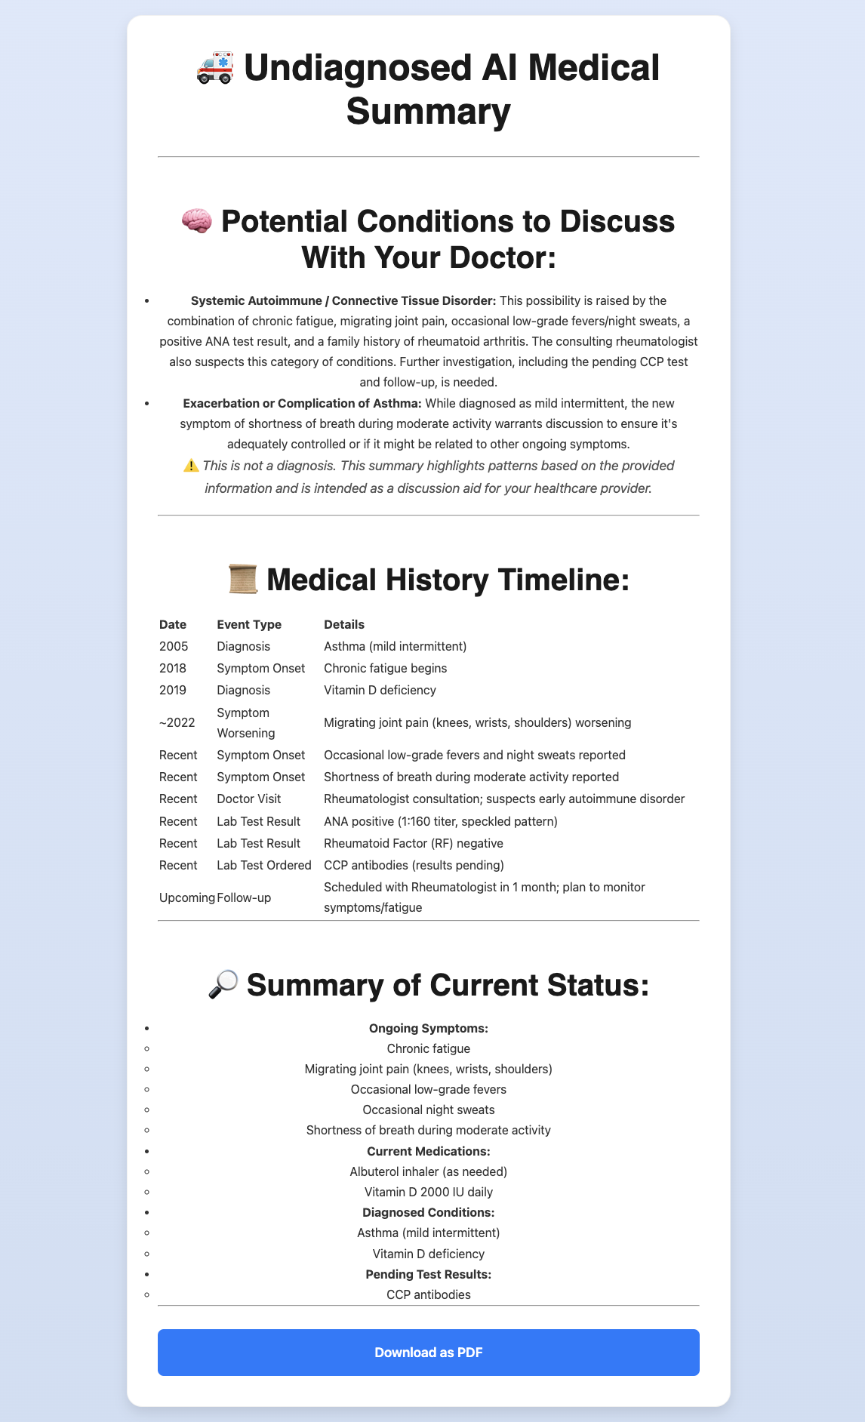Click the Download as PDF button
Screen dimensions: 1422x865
tap(428, 1352)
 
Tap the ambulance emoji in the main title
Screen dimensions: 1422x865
tap(215, 69)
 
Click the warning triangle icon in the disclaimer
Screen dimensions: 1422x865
tap(191, 466)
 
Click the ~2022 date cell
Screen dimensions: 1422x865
tap(177, 722)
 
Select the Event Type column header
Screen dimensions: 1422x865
tap(249, 624)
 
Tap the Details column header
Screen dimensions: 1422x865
tap(344, 624)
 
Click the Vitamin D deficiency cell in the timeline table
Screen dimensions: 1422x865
tap(380, 690)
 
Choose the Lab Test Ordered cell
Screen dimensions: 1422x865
tap(264, 864)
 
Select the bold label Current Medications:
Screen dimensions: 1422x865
tap(428, 1151)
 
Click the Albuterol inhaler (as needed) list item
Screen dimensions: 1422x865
tap(428, 1171)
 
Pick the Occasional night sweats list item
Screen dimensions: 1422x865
tap(428, 1110)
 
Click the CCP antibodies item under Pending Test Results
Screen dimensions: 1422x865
tap(428, 1294)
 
